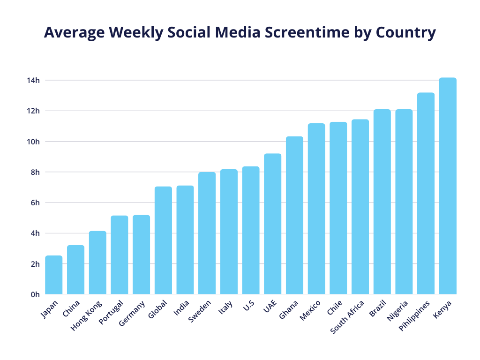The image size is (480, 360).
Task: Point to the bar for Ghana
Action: (294, 216)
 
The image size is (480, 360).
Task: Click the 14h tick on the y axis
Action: (33, 81)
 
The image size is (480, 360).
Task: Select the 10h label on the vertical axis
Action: (33, 142)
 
